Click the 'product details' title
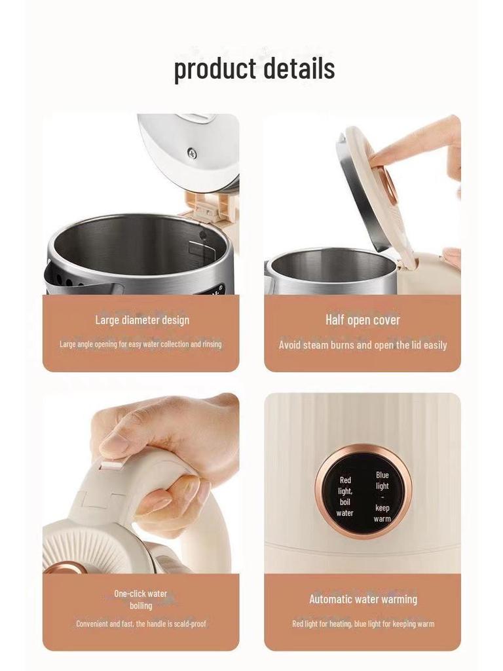pos(254,69)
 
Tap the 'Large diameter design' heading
pos(142,320)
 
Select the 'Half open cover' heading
pos(362,320)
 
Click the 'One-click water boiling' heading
pos(141,600)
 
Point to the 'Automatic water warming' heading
pos(363,599)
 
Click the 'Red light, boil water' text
pos(345,497)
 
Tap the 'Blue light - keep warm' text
pos(382,497)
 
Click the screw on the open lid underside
pos(192,153)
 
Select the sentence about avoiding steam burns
pos(363,345)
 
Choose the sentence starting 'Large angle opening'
pos(141,344)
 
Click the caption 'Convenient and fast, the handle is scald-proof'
pos(141,624)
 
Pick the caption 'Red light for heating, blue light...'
pos(363,624)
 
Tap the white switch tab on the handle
pos(111,467)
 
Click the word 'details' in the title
pos(299,69)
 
